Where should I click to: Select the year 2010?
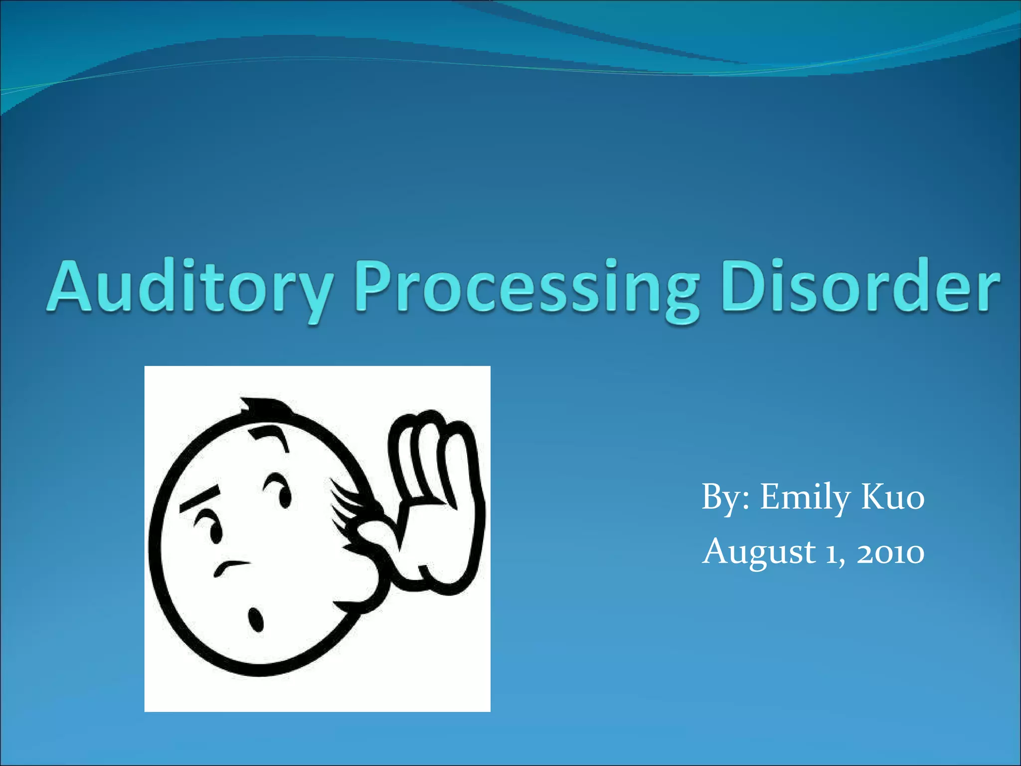coord(890,553)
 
